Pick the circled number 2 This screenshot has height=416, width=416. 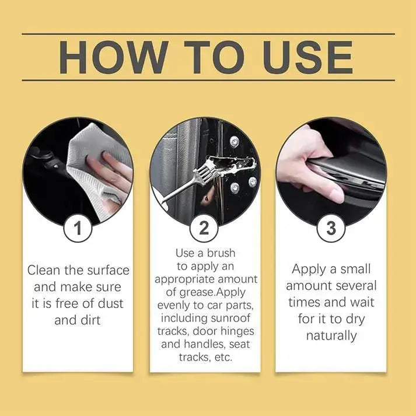pos(204,228)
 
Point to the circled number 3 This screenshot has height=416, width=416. pos(331,228)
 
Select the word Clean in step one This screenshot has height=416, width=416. pos(46,270)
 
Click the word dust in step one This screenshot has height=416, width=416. pos(111,303)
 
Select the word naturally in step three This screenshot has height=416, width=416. pos(331,335)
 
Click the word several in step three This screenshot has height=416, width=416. pos(355,286)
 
